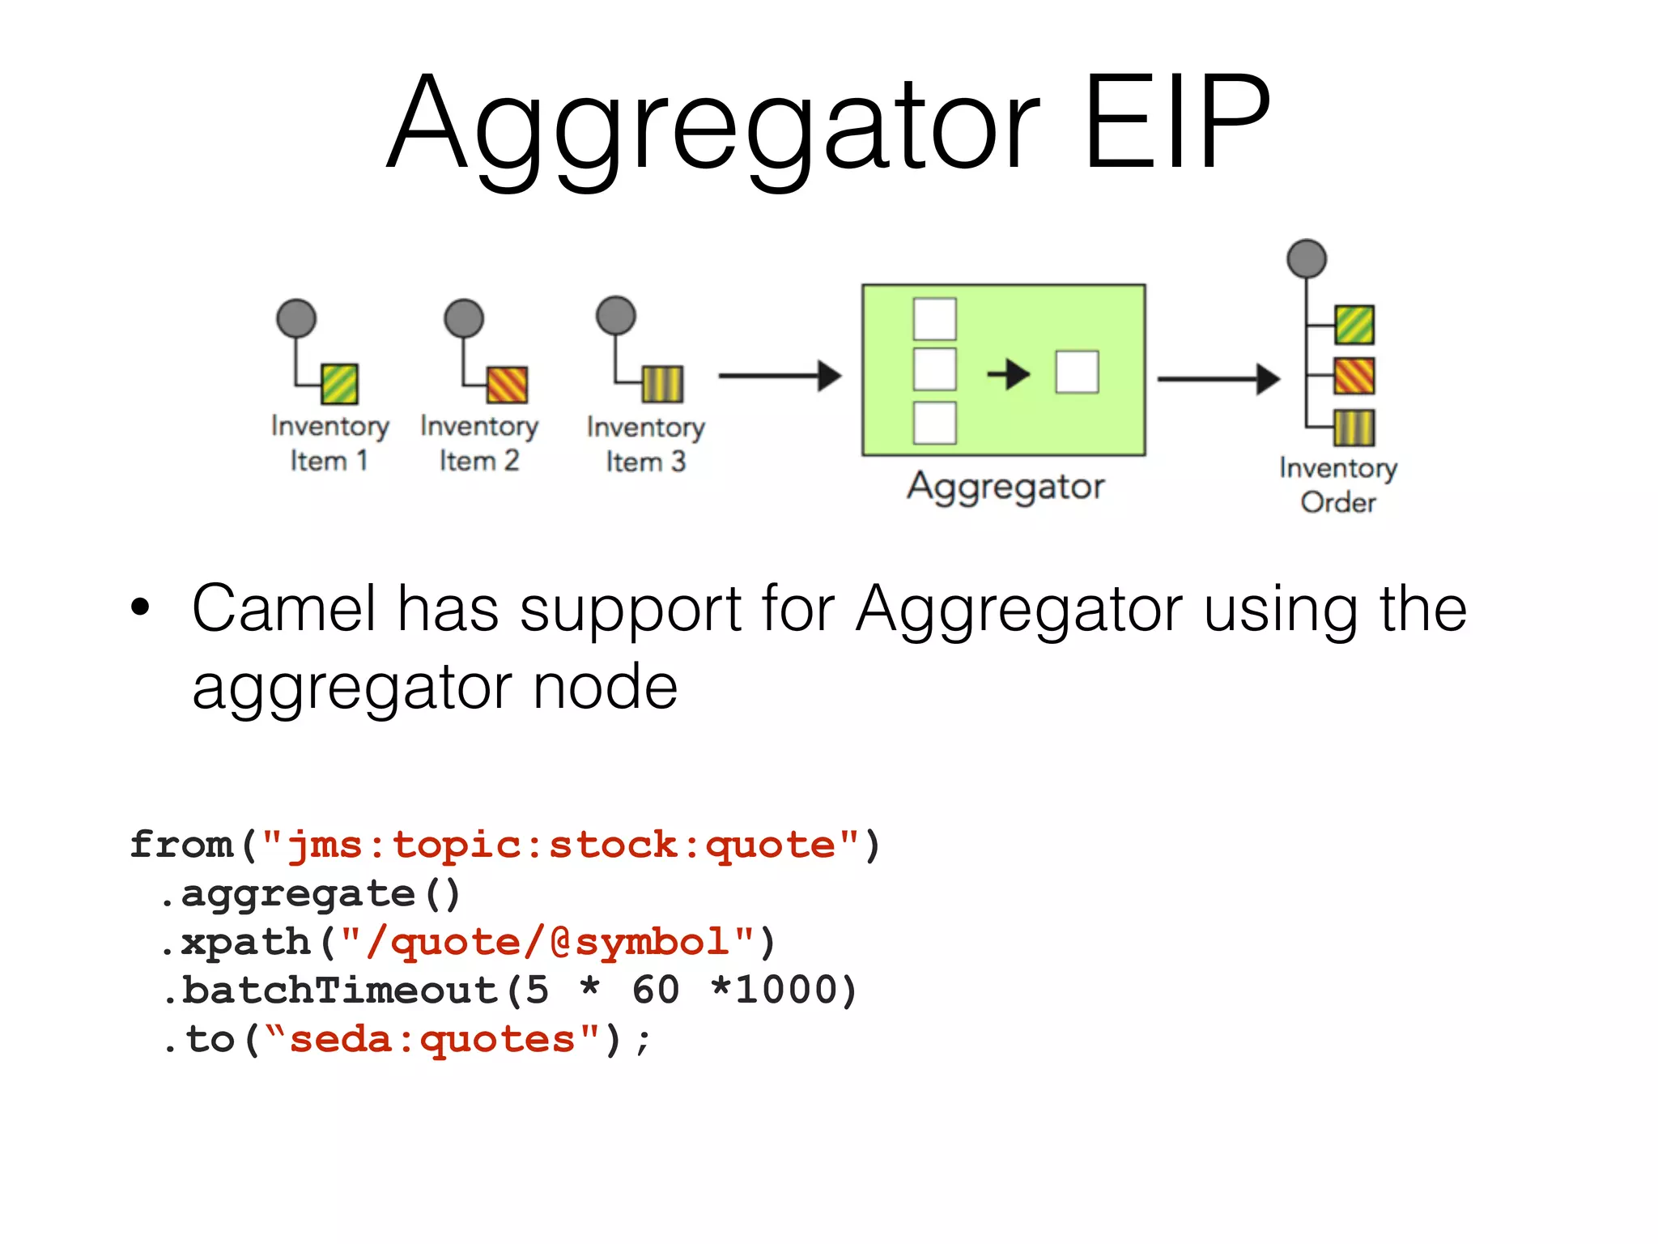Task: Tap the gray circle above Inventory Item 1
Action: [296, 318]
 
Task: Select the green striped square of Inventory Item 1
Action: [340, 384]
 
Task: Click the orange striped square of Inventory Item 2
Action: [507, 384]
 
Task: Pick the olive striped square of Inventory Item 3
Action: [662, 384]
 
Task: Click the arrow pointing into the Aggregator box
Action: [780, 376]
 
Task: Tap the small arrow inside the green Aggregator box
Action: [1008, 374]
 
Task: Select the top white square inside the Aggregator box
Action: [934, 319]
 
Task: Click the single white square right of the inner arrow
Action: [1077, 373]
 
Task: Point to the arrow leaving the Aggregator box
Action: [1218, 378]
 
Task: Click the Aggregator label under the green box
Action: [1005, 487]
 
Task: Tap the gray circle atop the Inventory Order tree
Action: [1307, 259]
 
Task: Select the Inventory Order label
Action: [1338, 485]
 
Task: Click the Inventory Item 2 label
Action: [479, 443]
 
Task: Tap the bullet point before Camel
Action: [141, 608]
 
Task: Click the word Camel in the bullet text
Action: [284, 609]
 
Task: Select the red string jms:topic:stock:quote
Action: [560, 846]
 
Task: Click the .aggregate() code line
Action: [311, 894]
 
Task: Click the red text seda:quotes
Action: [432, 1039]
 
